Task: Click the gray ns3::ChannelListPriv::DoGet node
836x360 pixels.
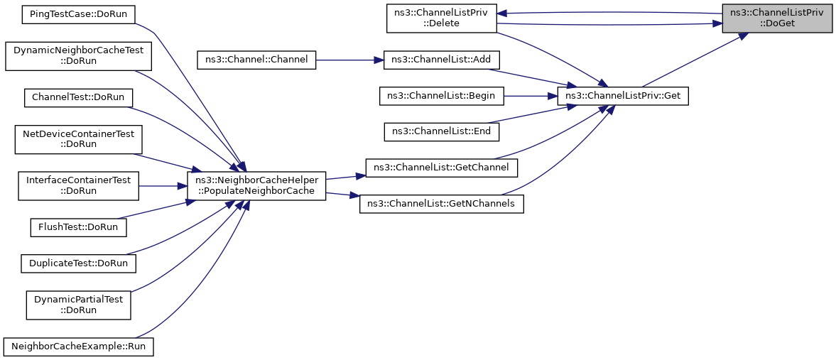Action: click(x=777, y=18)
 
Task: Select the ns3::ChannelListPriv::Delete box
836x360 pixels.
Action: click(x=441, y=18)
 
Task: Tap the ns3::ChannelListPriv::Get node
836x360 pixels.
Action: click(x=624, y=95)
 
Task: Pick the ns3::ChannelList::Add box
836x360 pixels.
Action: click(x=442, y=60)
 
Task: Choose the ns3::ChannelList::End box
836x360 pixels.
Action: click(x=442, y=131)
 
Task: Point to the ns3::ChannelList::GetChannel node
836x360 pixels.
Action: click(x=441, y=168)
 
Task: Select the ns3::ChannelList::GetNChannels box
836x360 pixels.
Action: click(x=442, y=204)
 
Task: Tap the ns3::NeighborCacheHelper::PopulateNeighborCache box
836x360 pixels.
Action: click(x=256, y=185)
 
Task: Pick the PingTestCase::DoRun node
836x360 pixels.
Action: click(x=78, y=13)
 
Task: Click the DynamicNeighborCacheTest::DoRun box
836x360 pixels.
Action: click(x=78, y=55)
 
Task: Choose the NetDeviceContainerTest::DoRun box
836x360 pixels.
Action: click(x=78, y=138)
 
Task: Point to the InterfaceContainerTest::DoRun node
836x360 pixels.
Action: click(x=78, y=185)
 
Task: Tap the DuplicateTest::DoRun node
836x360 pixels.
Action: click(x=78, y=263)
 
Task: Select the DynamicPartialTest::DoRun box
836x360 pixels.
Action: click(x=78, y=305)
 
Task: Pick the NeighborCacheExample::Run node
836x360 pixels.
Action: click(x=78, y=347)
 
